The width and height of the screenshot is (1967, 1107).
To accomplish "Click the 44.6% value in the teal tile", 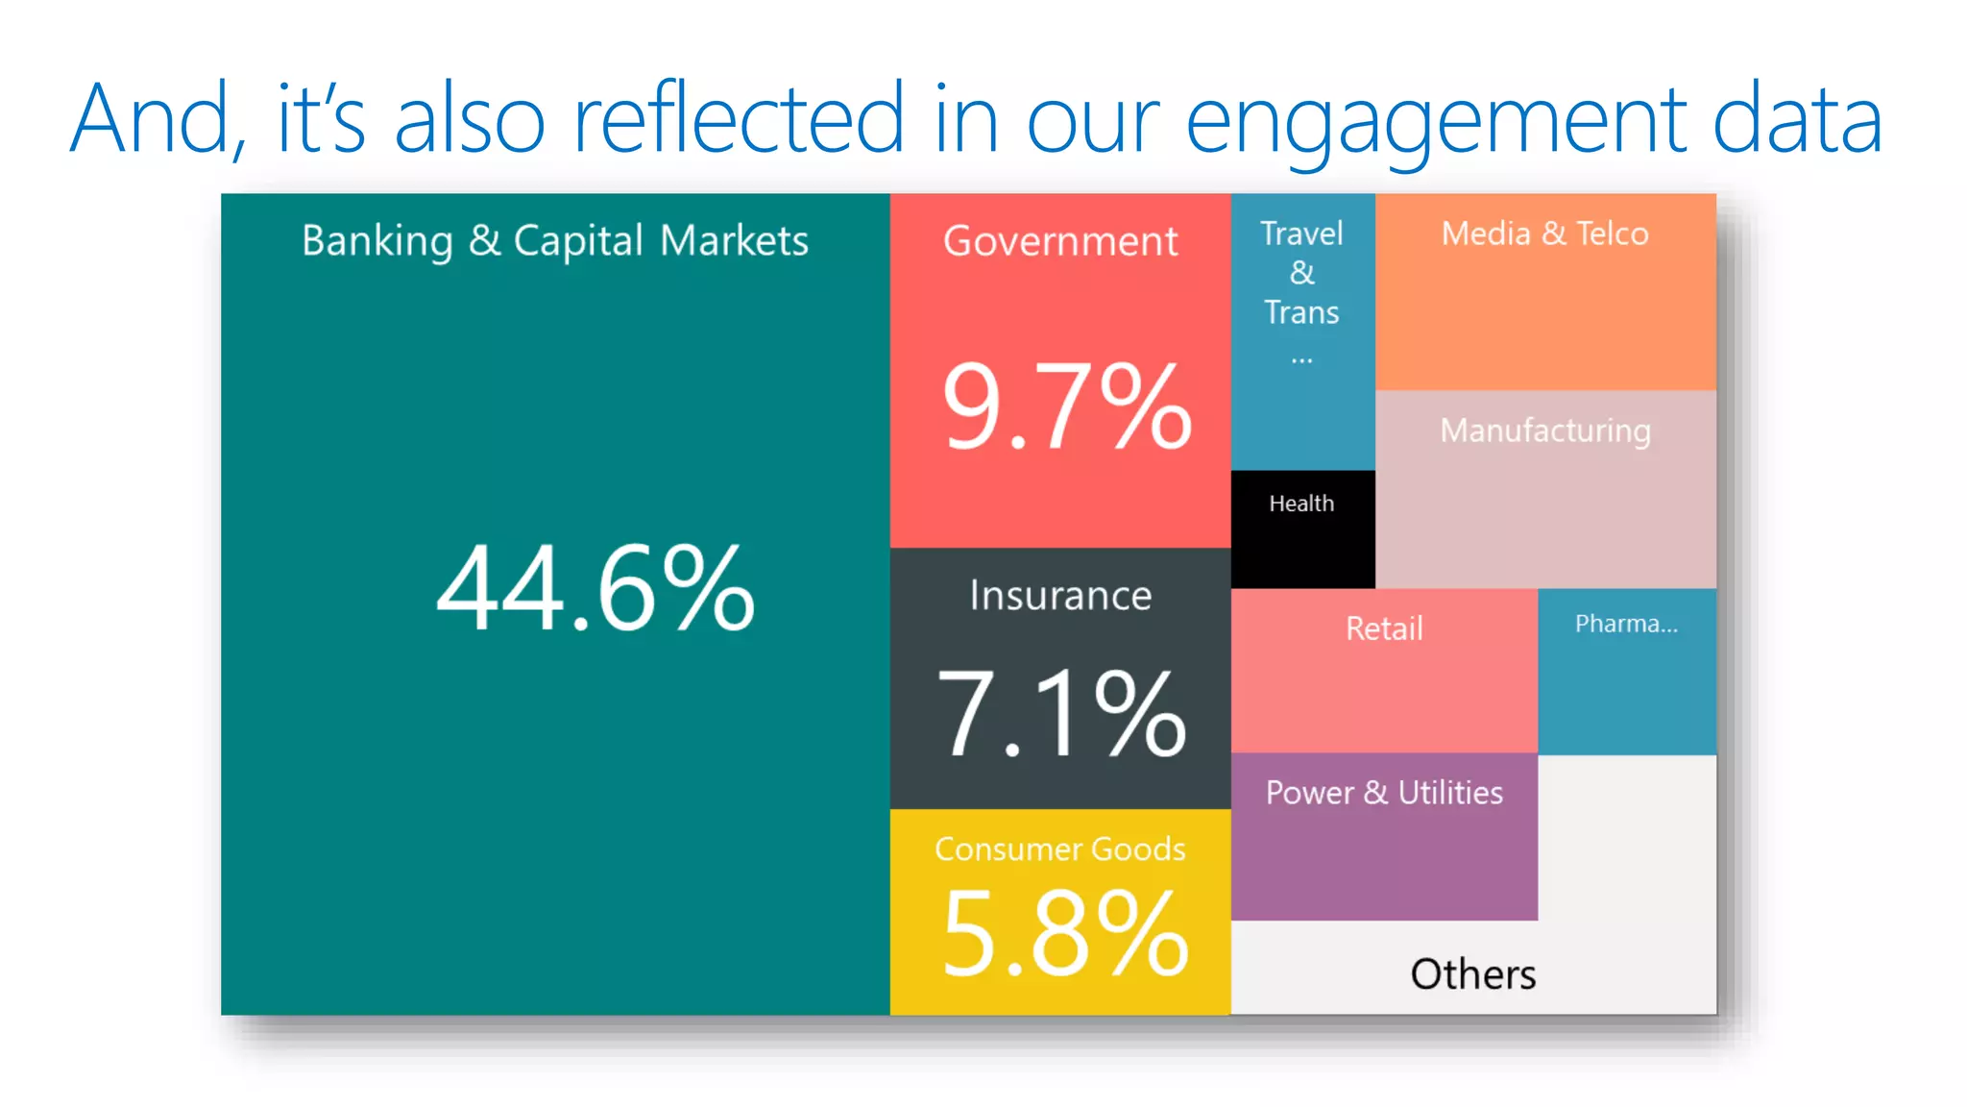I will pyautogui.click(x=595, y=588).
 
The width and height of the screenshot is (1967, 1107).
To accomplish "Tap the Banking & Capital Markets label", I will pyautogui.click(x=554, y=240).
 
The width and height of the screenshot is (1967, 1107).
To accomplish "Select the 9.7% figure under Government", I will pyautogui.click(x=1066, y=406).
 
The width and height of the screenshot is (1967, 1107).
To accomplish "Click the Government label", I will pyautogui.click(x=1060, y=240).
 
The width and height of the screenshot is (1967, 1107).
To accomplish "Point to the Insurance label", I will pyautogui.click(x=1060, y=596).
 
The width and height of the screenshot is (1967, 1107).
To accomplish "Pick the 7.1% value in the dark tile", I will pyautogui.click(x=1061, y=713).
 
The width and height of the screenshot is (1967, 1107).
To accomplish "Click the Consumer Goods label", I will pyautogui.click(x=1060, y=849).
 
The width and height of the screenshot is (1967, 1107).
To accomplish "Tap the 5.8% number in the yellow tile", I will pyautogui.click(x=1064, y=933).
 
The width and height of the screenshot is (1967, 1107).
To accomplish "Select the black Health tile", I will pyautogui.click(x=1302, y=529).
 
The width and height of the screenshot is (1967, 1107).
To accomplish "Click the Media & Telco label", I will pyautogui.click(x=1544, y=234).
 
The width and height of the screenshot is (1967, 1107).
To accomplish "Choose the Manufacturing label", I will pyautogui.click(x=1544, y=430).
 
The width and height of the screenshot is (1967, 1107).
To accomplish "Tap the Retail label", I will pyautogui.click(x=1383, y=628).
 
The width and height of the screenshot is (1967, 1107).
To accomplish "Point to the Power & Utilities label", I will pyautogui.click(x=1383, y=793).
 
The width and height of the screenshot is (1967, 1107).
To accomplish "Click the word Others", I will pyautogui.click(x=1472, y=974).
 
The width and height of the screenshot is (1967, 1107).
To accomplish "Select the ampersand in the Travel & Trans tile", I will pyautogui.click(x=1301, y=273).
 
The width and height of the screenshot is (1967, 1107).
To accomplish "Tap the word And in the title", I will pyautogui.click(x=154, y=120).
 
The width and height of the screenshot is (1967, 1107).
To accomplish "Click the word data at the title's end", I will pyautogui.click(x=1796, y=120).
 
